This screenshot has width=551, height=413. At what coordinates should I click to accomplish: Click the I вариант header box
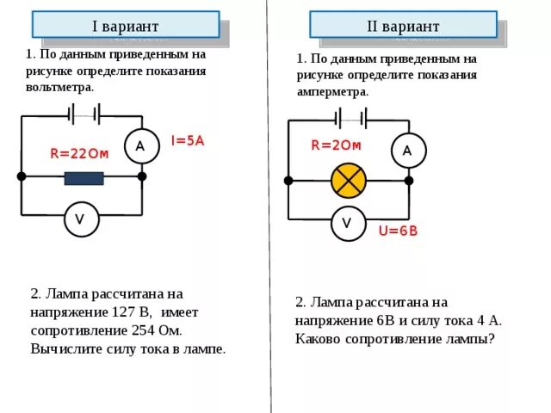coord(126,24)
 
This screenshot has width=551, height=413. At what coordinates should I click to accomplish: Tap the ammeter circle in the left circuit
coord(139,146)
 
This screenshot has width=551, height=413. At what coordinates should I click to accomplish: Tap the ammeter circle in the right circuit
coord(408,151)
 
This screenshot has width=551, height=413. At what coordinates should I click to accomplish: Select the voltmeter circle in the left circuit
coord(80,219)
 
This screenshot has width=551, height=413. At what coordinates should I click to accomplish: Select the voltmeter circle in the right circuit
coord(347,223)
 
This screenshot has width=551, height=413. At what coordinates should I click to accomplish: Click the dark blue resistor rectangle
coord(84,178)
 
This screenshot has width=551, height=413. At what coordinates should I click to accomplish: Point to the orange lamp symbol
coord(350,181)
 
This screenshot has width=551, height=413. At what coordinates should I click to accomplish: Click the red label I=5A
coord(187,140)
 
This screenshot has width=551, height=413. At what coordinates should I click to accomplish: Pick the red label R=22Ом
coord(79,155)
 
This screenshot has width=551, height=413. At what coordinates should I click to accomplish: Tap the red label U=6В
coord(398,231)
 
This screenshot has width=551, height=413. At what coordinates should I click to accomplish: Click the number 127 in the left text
coord(126,311)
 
